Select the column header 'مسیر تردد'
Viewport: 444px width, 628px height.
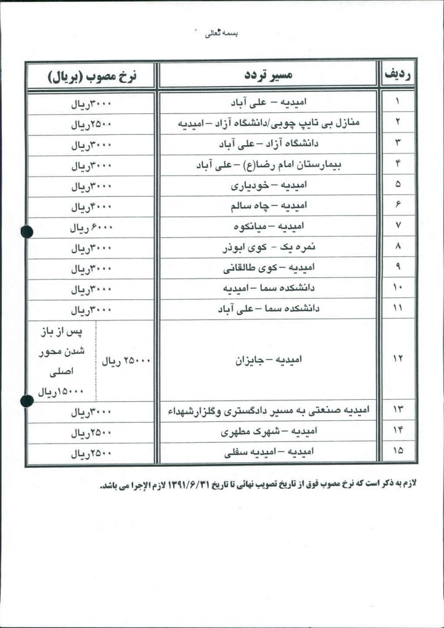tap(268, 75)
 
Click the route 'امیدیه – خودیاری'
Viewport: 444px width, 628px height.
tap(269, 185)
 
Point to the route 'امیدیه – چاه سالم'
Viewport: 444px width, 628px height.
tap(269, 205)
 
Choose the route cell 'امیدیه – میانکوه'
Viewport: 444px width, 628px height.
tap(269, 226)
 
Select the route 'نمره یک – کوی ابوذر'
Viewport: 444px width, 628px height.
tap(269, 248)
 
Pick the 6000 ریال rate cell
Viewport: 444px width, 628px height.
tap(91, 228)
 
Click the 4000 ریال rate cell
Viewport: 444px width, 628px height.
tap(91, 207)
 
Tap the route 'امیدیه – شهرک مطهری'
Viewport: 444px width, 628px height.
tap(269, 432)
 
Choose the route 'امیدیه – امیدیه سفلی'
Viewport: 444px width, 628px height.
tap(269, 452)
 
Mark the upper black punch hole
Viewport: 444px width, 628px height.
tap(26, 232)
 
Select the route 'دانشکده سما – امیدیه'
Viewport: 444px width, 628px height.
tap(269, 288)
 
